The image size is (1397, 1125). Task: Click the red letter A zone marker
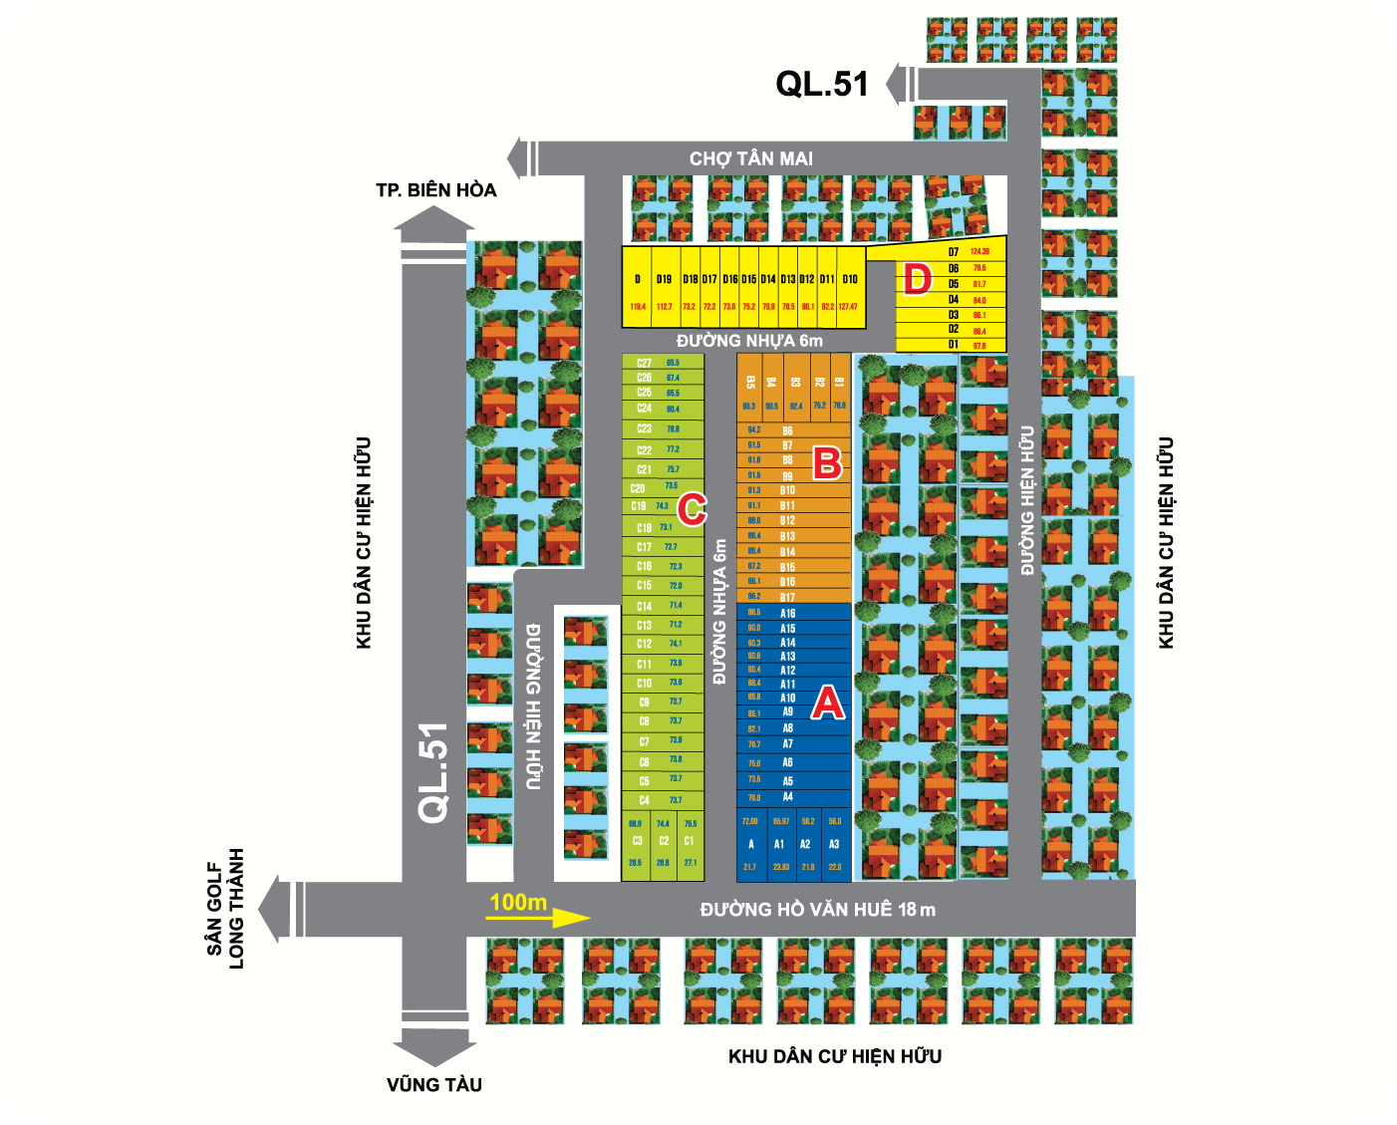[x=827, y=703]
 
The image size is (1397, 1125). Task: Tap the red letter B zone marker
[x=827, y=462]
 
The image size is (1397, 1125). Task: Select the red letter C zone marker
[x=692, y=508]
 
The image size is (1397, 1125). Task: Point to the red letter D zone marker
[x=917, y=280]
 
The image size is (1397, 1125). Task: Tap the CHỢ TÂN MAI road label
[x=751, y=158]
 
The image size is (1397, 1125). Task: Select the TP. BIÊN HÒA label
[x=435, y=190]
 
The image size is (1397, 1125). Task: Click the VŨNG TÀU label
[x=434, y=1085]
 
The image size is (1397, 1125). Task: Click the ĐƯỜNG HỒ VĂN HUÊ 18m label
[x=817, y=909]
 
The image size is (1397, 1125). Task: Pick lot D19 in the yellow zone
[x=664, y=280]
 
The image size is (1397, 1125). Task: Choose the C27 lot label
[x=645, y=363]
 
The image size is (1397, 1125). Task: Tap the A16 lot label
[x=787, y=613]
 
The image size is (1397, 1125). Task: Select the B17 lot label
[x=787, y=597]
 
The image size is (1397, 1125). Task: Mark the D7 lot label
[x=954, y=252]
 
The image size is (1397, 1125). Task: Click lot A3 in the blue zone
[x=834, y=844]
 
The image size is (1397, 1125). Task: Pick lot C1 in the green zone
[x=689, y=841]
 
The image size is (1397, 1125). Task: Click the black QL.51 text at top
[x=822, y=84]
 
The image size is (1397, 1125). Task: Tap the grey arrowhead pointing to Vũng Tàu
[x=434, y=1051]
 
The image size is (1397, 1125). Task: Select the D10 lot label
[x=849, y=280]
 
